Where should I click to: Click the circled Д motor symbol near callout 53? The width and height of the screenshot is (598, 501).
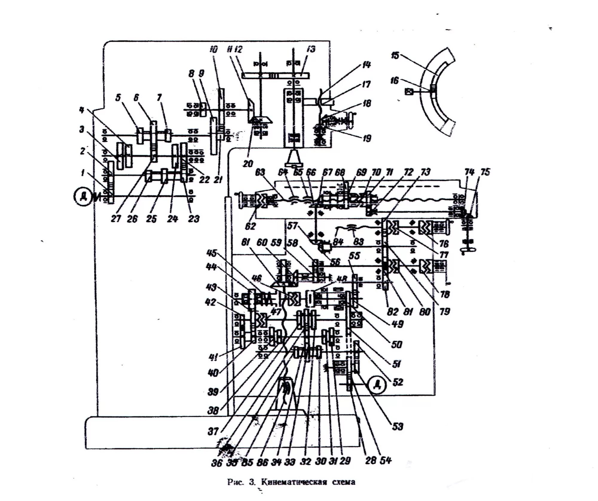click(378, 385)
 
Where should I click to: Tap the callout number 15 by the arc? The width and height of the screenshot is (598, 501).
click(395, 56)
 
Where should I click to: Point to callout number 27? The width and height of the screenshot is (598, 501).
click(116, 219)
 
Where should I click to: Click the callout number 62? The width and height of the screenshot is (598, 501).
click(250, 226)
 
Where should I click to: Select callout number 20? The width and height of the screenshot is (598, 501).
click(248, 164)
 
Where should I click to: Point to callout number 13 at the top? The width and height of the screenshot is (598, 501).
click(311, 49)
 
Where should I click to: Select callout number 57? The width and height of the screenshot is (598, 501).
click(292, 226)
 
